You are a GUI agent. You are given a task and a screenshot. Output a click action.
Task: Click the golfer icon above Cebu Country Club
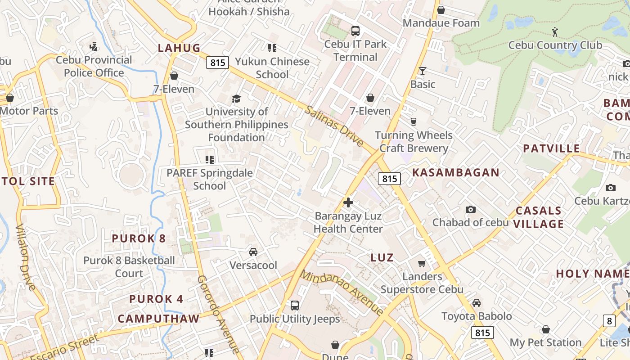tap(555, 32)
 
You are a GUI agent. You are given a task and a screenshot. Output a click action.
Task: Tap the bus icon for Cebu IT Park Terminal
tap(355, 31)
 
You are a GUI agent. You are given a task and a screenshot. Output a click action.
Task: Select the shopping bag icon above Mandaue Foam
tap(441, 9)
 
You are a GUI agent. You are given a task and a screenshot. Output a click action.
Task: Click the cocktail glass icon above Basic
tap(423, 71)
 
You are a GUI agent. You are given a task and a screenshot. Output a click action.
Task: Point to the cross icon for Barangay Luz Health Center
tap(348, 202)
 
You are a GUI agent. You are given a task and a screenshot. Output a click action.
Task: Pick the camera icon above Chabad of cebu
tap(471, 209)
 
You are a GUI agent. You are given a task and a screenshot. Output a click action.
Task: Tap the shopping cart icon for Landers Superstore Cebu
tap(422, 263)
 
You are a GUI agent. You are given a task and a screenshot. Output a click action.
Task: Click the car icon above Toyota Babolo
tap(477, 303)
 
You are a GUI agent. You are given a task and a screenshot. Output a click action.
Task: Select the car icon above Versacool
tap(253, 252)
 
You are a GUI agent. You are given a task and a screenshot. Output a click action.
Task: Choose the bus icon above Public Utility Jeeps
tap(295, 306)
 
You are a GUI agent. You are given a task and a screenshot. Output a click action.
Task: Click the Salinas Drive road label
tap(334, 126)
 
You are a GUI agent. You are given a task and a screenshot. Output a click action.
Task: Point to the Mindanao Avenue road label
tap(342, 292)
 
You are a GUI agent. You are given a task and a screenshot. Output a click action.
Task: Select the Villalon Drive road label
tap(27, 256)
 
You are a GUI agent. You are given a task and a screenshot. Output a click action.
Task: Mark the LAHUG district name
tap(179, 48)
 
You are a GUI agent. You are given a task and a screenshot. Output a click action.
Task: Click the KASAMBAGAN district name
tap(456, 172)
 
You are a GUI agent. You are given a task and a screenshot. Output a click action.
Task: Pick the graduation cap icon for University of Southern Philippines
tap(236, 99)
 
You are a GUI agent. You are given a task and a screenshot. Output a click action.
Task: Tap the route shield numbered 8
tap(609, 321)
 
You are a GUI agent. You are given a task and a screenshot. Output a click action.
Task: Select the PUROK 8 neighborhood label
tap(139, 238)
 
